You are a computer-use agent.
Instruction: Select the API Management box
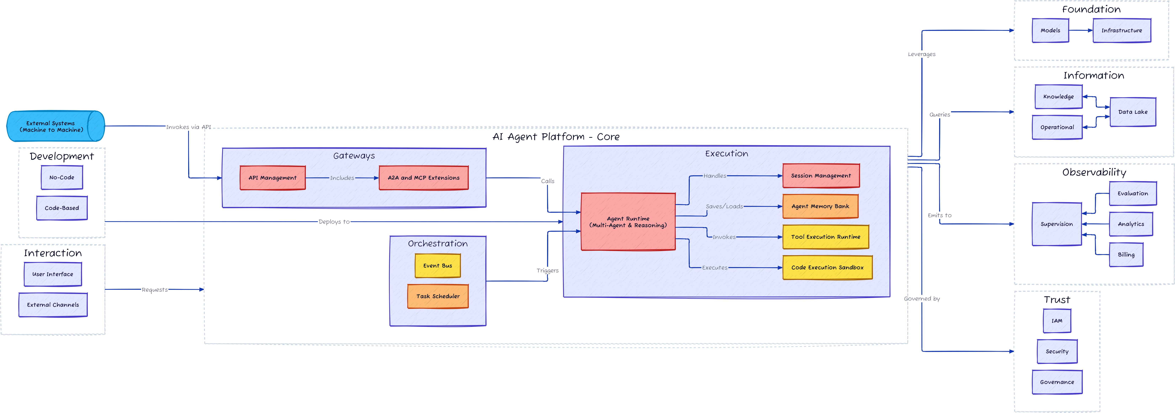point(272,178)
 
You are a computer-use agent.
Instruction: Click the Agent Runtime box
point(628,222)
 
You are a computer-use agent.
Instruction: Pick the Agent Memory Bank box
point(820,206)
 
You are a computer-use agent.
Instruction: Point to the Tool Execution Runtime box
point(826,237)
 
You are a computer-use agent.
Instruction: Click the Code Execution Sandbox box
point(827,267)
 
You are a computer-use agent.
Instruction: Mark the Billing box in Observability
point(1126,255)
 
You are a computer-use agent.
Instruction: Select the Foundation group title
point(1091,9)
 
